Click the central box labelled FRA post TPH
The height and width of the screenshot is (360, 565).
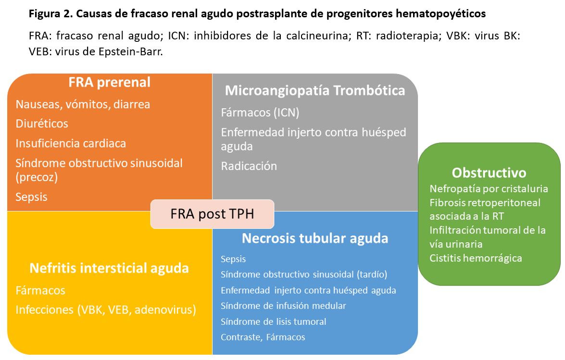[212, 214]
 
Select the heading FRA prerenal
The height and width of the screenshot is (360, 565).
[110, 82]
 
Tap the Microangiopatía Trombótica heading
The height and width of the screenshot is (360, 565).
[315, 90]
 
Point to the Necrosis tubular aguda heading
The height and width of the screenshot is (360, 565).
[315, 238]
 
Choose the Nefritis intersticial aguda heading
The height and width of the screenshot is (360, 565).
[109, 268]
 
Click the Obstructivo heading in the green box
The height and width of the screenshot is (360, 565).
[489, 173]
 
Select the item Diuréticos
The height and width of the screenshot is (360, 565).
[42, 124]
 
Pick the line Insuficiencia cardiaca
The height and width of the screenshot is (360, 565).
[71, 143]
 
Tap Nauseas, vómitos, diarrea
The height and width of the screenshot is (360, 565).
[83, 104]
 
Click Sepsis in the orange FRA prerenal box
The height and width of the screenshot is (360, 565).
[31, 197]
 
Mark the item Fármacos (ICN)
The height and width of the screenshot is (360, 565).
[260, 112]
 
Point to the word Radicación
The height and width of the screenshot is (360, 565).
[249, 166]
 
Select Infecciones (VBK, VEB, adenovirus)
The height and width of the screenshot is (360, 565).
[106, 310]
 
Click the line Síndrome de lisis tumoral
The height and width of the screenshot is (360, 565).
[273, 322]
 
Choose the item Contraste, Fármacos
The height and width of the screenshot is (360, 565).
[263, 337]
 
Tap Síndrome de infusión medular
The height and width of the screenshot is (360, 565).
[283, 306]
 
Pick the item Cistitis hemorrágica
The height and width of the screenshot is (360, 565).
[476, 258]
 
